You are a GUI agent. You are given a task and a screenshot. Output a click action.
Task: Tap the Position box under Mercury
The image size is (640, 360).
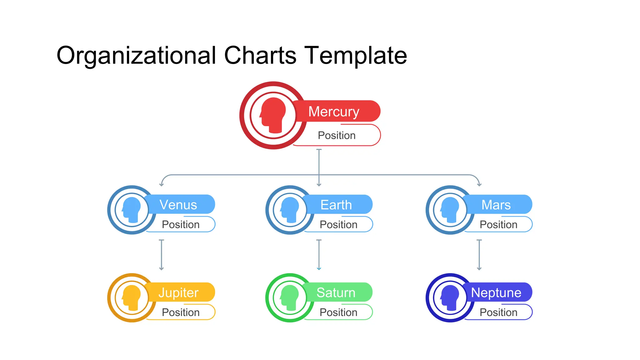(337, 135)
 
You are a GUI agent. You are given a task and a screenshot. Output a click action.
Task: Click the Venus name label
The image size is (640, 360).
(179, 205)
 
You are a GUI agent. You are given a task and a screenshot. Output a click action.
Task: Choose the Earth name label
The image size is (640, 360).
(337, 205)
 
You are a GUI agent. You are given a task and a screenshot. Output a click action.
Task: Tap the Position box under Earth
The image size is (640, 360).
(339, 224)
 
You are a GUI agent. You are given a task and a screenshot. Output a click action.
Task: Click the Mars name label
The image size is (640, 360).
(496, 205)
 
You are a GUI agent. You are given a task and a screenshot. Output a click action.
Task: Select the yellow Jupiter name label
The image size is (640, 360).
(179, 292)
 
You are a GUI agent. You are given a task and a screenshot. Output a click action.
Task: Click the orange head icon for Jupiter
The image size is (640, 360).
(132, 298)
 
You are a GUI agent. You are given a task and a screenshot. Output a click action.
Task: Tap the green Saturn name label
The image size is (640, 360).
(336, 292)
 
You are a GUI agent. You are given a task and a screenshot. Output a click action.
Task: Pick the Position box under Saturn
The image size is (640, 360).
(339, 312)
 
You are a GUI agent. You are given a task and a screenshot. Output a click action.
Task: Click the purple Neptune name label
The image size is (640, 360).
(496, 292)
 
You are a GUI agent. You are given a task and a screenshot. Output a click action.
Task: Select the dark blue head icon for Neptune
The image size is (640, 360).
(450, 298)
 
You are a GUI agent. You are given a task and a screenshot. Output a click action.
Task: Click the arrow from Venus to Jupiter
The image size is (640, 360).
(161, 255)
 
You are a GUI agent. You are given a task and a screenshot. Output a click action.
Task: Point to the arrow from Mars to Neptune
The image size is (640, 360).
(479, 255)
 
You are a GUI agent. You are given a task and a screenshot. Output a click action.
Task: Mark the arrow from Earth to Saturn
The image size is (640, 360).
(319, 255)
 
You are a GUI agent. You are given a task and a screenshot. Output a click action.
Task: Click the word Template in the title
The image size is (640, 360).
(356, 55)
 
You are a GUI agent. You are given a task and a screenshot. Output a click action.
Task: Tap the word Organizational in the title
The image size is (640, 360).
(136, 55)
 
